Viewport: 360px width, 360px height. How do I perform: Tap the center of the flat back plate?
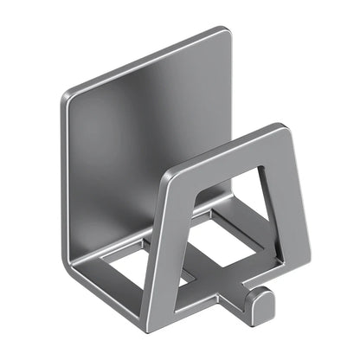[x=147, y=130]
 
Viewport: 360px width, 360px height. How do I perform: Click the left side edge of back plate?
[x=66, y=173]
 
